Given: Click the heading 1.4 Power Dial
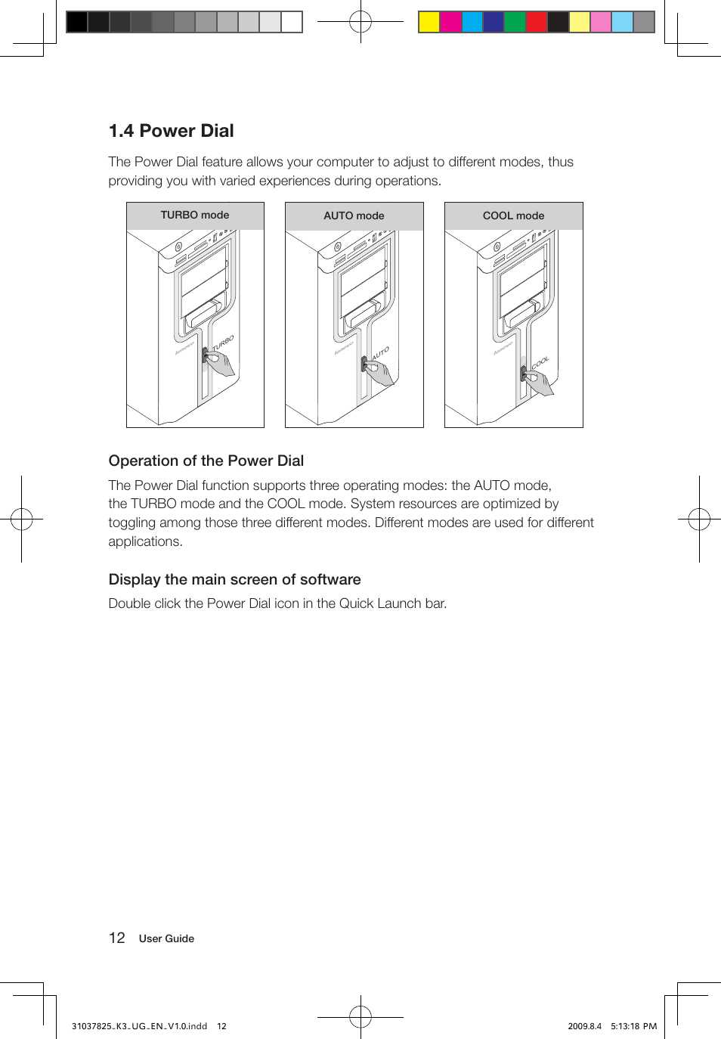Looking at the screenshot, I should coord(171,131).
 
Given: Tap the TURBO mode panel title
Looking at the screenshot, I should coord(194,216).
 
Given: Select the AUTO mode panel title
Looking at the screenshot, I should coord(354,216).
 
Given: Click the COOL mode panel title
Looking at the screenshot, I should coord(513,216).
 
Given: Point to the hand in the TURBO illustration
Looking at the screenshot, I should coord(221,365).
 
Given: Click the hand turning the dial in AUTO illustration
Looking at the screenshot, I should coord(379,373).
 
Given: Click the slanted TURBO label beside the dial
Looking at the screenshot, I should coord(223,343).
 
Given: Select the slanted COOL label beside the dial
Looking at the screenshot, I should coord(540,363).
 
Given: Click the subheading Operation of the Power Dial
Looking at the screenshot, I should coord(206,461).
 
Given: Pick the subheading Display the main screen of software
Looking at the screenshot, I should coord(234,579).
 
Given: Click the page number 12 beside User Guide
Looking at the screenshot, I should coord(116,938).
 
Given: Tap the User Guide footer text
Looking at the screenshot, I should coord(166,938).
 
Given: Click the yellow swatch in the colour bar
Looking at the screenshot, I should coord(429,22).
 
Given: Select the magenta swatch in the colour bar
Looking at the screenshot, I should coord(450,22).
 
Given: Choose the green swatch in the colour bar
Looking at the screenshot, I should coord(515,22).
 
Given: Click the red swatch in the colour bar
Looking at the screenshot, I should coord(537,22).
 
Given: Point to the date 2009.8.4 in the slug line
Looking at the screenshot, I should coord(584,1026).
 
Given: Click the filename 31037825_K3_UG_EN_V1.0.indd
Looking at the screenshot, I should coord(139,1026).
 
